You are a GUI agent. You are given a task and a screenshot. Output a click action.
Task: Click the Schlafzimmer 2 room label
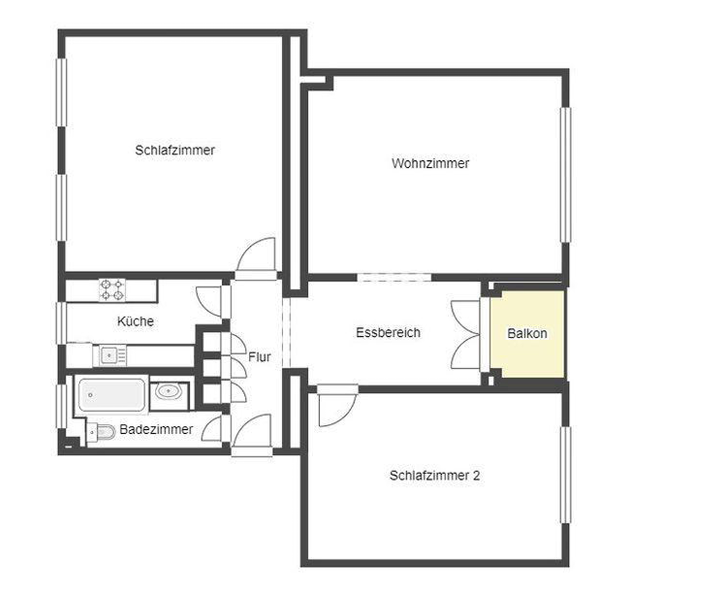point(434,476)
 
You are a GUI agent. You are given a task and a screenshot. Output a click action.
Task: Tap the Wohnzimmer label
point(430,163)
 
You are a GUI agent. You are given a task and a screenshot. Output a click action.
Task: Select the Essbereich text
point(388,333)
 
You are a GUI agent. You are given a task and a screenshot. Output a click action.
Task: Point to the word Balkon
point(527,333)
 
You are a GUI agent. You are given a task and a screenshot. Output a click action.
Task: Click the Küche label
point(135,321)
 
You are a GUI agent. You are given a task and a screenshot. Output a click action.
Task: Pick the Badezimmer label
point(156,429)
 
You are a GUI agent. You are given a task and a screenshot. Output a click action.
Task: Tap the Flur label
point(260,357)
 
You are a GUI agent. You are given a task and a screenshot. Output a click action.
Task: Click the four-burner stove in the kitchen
point(112,290)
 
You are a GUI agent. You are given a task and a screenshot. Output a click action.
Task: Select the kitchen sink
point(109,355)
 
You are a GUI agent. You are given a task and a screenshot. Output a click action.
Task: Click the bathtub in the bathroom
point(111,394)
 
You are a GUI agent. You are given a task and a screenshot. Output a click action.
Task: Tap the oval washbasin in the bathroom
point(168,392)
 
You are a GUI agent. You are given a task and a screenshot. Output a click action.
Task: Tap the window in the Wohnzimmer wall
point(565,175)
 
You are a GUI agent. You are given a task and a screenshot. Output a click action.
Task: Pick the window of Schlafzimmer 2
point(565,475)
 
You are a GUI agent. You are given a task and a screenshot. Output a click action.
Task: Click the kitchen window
point(61,323)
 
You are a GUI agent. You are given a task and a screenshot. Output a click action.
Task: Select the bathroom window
point(61,406)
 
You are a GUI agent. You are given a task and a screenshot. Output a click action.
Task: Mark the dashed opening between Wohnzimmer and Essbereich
point(394,278)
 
